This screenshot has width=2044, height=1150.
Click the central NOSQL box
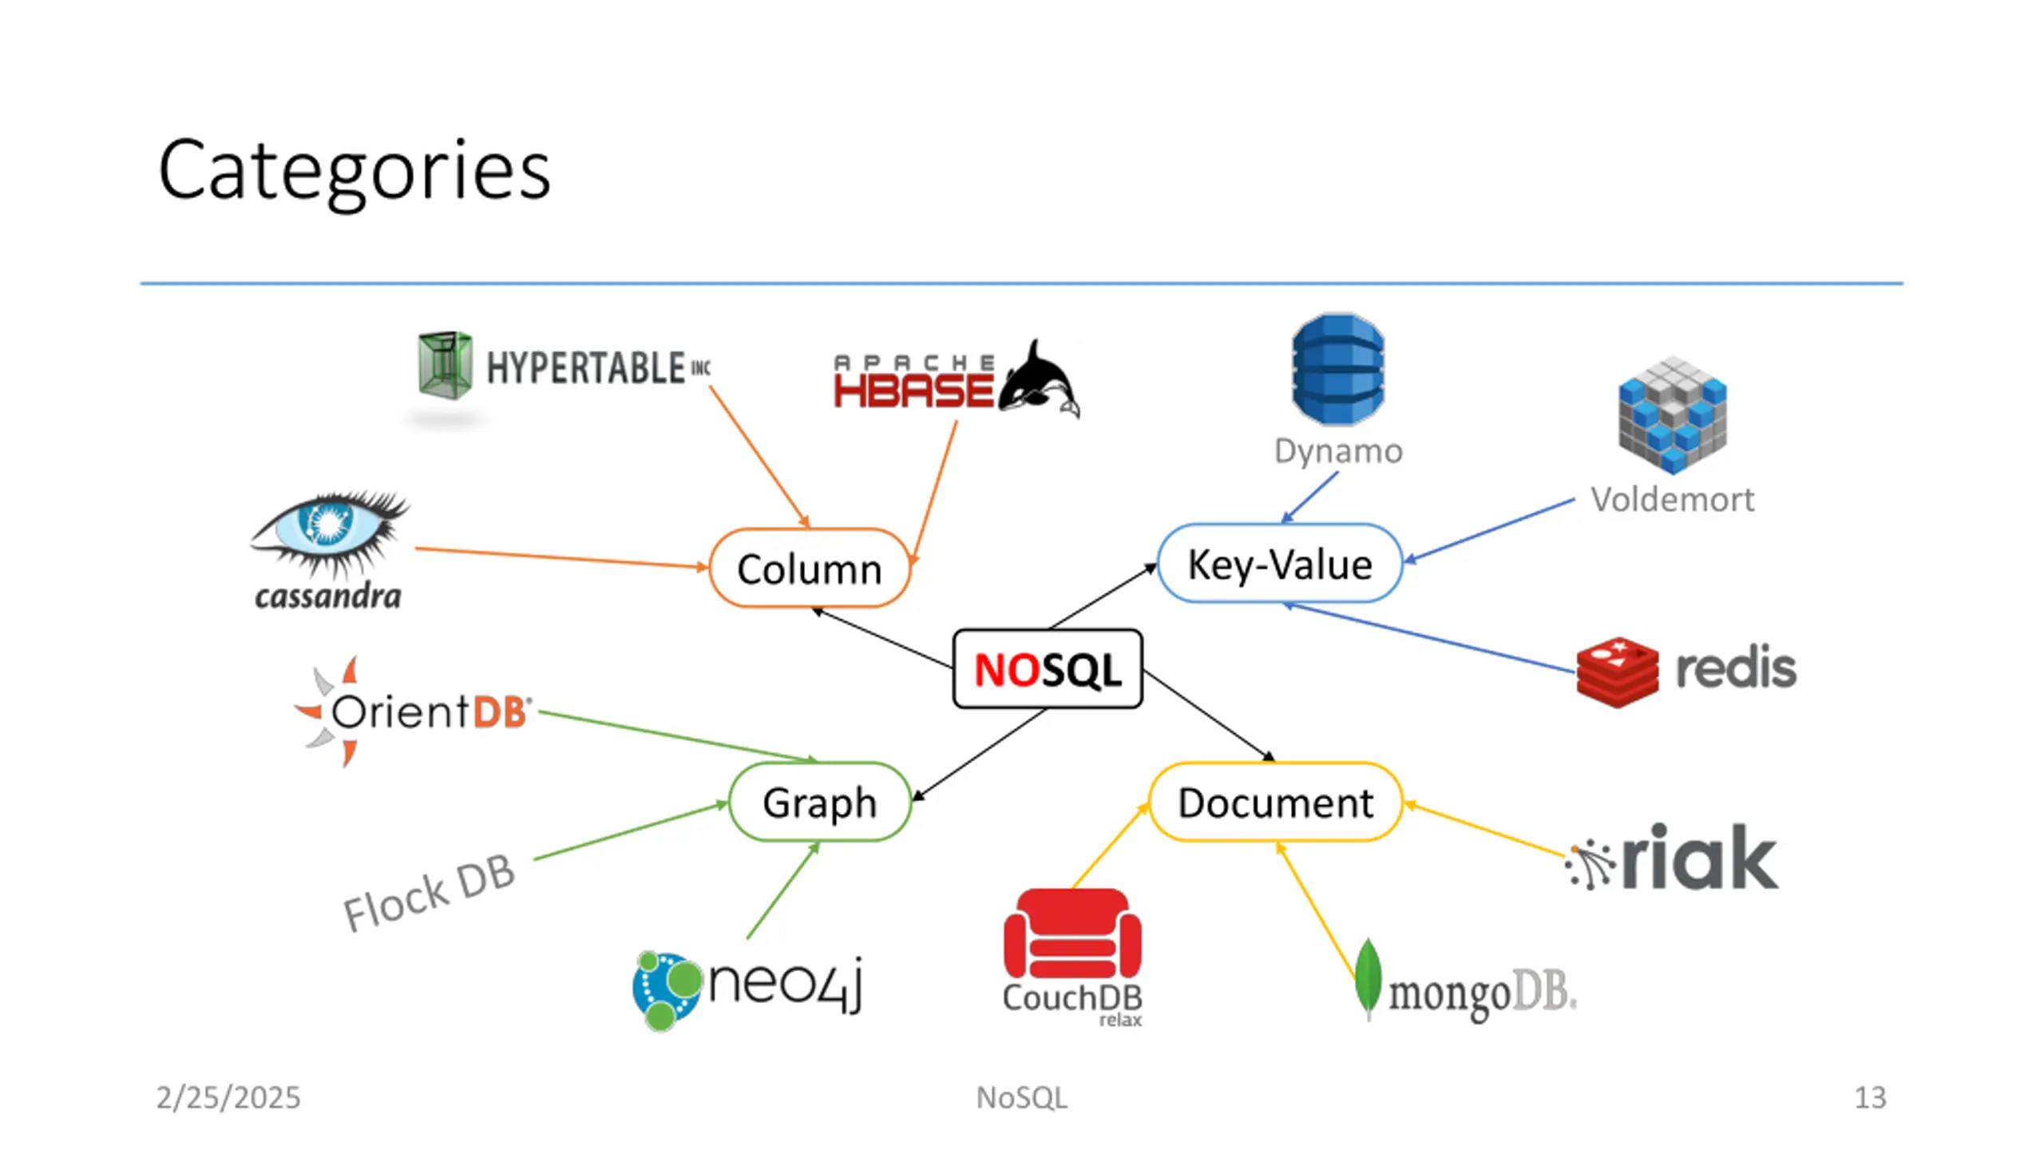(1048, 669)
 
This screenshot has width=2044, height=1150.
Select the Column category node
(810, 568)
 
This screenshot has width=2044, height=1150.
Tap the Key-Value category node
(1280, 563)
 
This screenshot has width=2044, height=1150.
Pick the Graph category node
(820, 802)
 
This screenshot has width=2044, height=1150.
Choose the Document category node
(1276, 802)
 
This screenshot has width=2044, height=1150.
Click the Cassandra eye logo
(330, 531)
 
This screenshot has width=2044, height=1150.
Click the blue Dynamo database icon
(1338, 369)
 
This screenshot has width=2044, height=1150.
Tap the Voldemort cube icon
(1673, 415)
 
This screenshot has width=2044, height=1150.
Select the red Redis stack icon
(1618, 672)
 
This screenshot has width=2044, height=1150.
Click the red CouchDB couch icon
(1072, 934)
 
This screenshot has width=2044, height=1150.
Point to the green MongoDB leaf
(1368, 979)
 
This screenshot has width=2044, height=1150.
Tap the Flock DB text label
(429, 893)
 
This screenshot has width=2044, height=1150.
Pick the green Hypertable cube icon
(445, 365)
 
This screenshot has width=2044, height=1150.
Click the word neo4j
(786, 984)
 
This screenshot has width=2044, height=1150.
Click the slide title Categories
(355, 171)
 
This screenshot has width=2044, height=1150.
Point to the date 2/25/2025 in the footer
(228, 1097)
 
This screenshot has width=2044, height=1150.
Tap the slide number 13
(1870, 1097)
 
